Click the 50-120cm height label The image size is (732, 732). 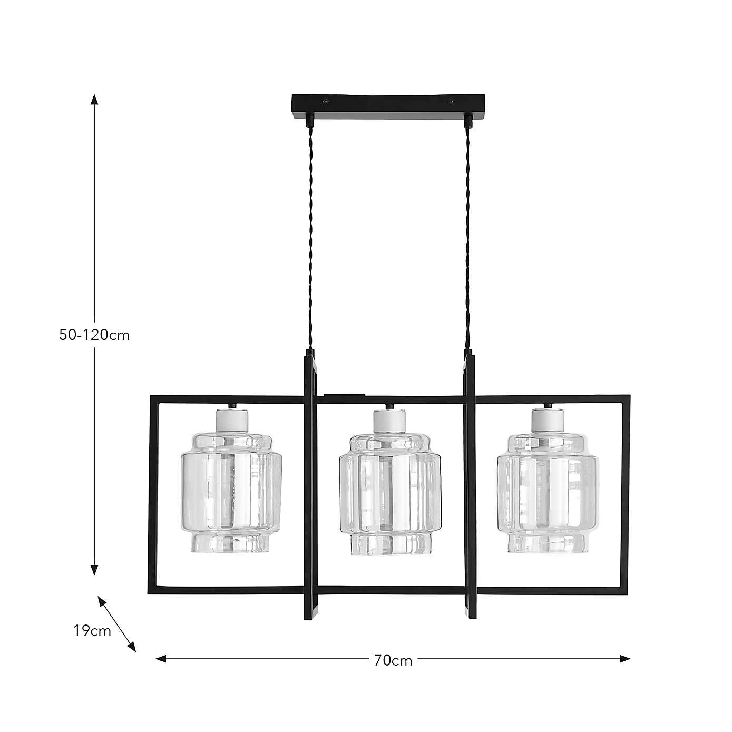tap(94, 335)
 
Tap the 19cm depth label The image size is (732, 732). tap(92, 631)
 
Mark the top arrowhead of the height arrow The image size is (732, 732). tap(94, 100)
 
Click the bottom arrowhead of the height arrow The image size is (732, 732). tap(94, 570)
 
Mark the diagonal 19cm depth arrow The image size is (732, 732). tap(117, 623)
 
